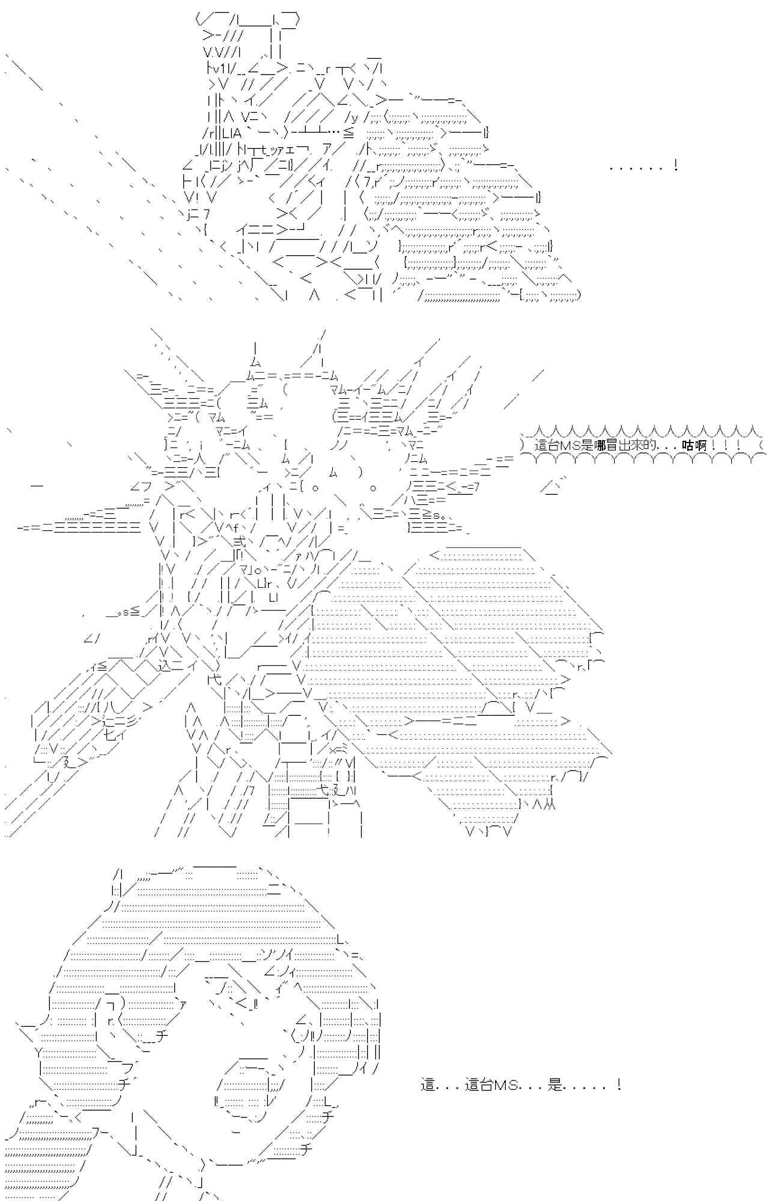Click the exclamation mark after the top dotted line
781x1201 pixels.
[x=676, y=166]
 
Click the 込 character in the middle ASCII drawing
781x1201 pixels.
[x=166, y=665]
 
